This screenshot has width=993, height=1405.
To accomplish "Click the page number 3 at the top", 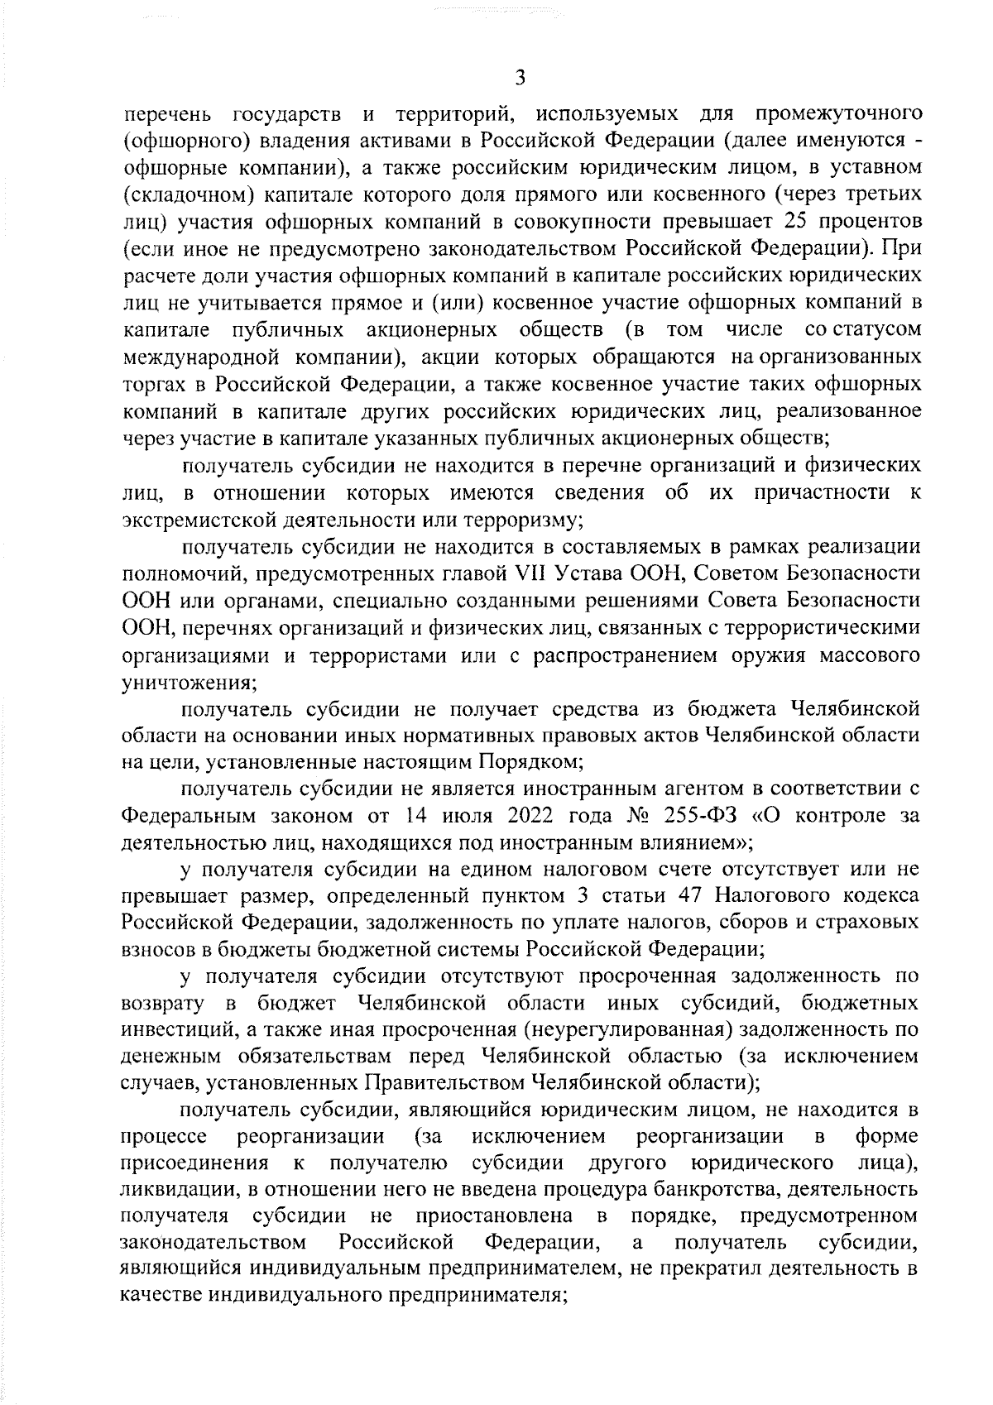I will tap(520, 79).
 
